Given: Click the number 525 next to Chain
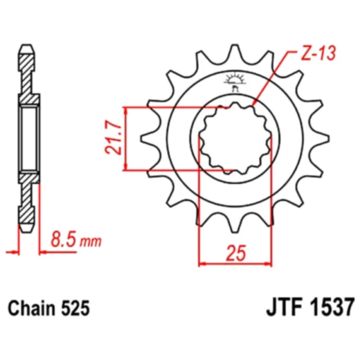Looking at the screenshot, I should pos(75,307).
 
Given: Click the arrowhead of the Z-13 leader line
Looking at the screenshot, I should pos(255,104).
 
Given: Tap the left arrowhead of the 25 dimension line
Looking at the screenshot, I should pos(203,263).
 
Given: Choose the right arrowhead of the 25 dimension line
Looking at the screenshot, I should pos(267,263).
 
